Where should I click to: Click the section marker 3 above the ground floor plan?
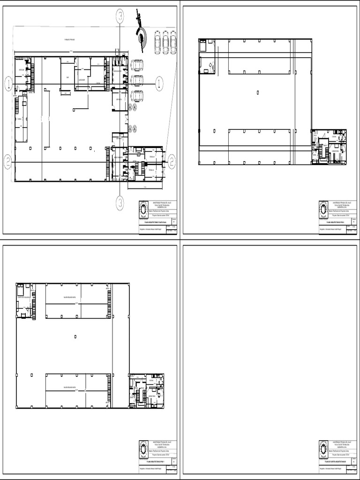pyautogui.click(x=120, y=17)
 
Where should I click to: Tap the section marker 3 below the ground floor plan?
pyautogui.click(x=120, y=203)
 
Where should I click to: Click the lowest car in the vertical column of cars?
pyautogui.click(x=137, y=96)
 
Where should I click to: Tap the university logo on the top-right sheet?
pyautogui.click(x=324, y=210)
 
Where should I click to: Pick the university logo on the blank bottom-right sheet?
pyautogui.click(x=324, y=449)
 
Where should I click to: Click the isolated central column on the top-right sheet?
pyautogui.click(x=258, y=92)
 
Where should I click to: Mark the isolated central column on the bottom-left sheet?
pyautogui.click(x=76, y=336)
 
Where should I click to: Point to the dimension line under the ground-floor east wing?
pyautogui.click(x=145, y=188)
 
